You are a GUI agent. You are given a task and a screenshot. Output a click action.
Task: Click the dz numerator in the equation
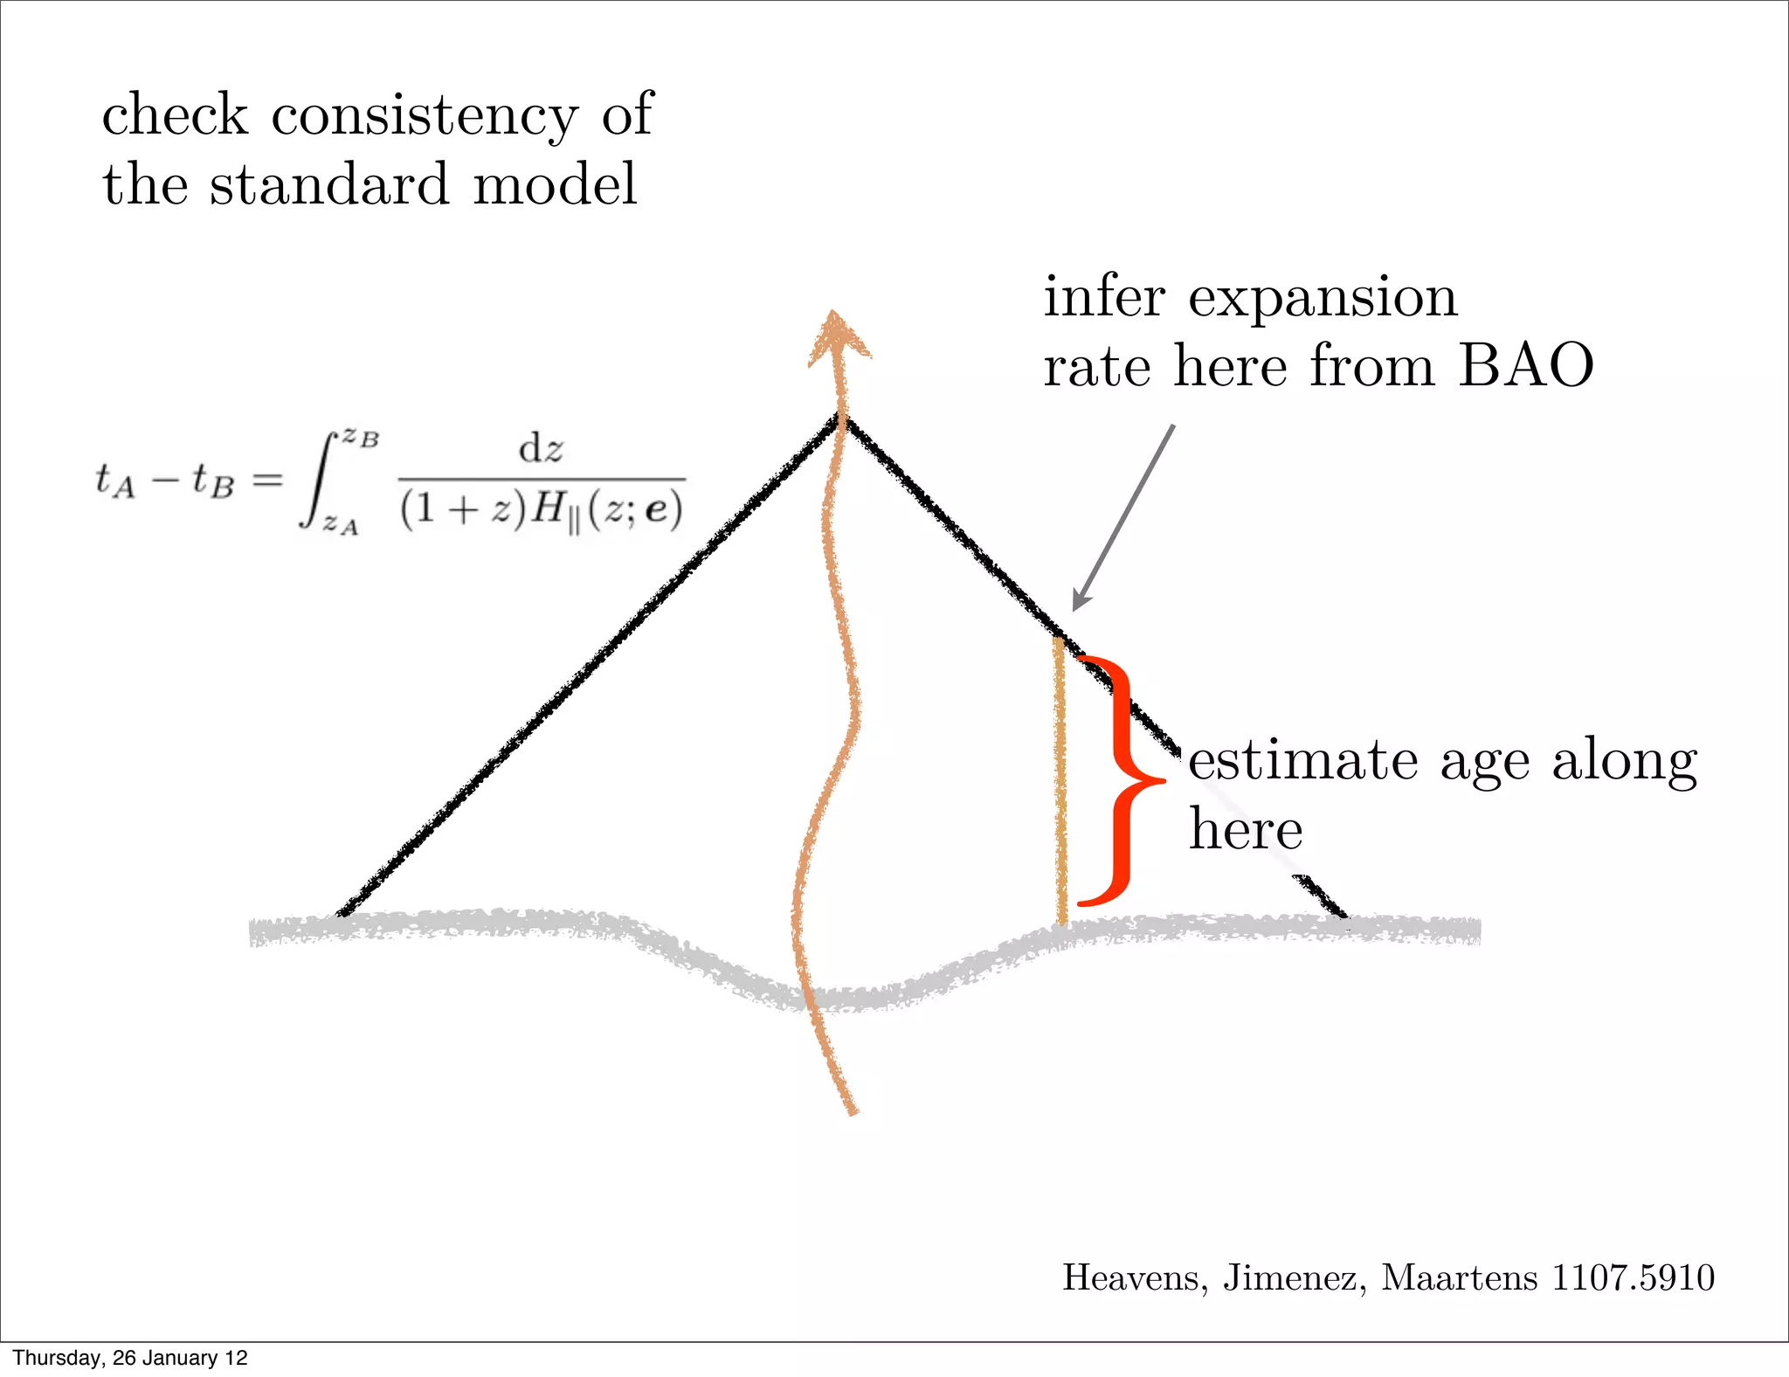[541, 449]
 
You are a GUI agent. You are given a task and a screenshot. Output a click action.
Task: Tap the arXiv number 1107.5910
[1633, 1277]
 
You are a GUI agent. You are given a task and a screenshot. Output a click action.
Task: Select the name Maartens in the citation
[1459, 1277]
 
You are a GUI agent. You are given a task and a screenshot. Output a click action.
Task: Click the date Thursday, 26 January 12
[130, 1358]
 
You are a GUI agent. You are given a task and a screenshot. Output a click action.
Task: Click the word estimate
[1302, 760]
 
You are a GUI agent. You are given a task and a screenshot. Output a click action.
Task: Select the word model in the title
[555, 185]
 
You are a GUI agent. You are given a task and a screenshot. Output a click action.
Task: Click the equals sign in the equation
[267, 479]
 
